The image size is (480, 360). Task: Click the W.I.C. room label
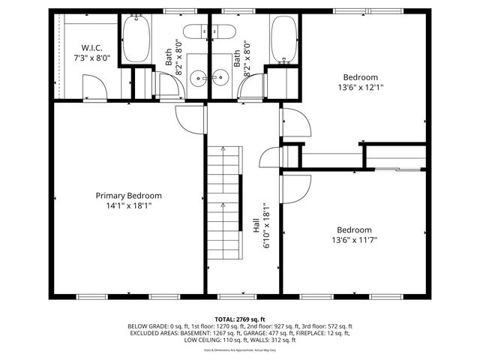point(91,46)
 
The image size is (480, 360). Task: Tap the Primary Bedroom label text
point(128,195)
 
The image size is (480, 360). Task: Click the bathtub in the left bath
point(136,39)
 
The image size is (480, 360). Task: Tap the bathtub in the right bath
point(283,39)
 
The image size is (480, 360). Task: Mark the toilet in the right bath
point(223,32)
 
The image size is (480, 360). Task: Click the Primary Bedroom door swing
point(189,118)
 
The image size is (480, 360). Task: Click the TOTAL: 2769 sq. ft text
point(239,319)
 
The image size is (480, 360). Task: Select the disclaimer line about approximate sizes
point(239,349)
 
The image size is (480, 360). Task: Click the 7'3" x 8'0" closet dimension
point(91,57)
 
